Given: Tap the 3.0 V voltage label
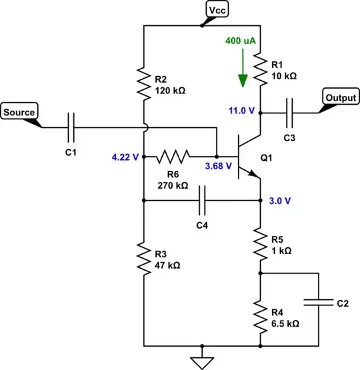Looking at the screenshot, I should point(281,200).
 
